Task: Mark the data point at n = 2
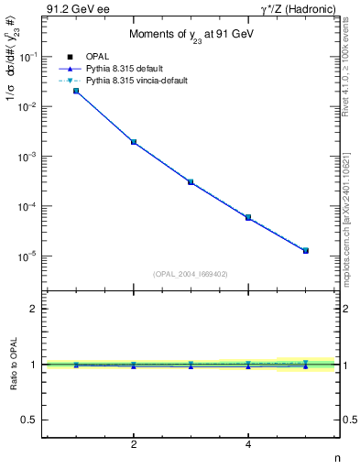[134, 142]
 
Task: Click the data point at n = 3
[191, 182]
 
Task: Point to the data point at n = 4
[248, 217]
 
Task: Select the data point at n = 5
[306, 250]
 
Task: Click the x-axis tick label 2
[134, 445]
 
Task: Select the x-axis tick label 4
[248, 445]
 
